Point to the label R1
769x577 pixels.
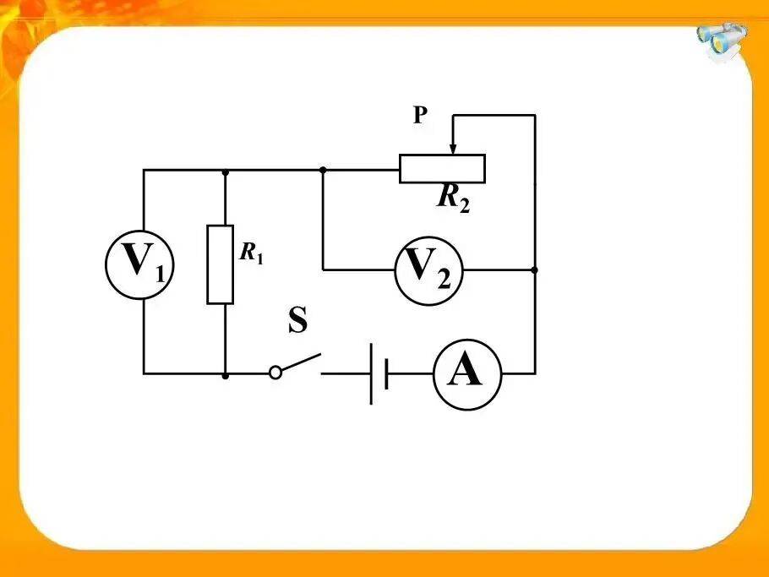[252, 253]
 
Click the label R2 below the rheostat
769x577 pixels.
[453, 199]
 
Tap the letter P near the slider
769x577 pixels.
[420, 115]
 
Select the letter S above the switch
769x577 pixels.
[298, 319]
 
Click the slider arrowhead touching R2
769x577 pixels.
[453, 149]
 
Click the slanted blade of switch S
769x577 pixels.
[301, 362]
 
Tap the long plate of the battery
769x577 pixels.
[371, 374]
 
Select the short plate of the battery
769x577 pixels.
[387, 374]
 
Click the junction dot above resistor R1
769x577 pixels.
[225, 172]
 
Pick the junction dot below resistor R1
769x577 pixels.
[225, 376]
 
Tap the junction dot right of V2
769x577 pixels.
[535, 270]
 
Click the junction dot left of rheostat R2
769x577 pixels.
[323, 170]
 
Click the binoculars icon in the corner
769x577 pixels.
[722, 41]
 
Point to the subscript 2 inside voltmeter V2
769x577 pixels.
[444, 280]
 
